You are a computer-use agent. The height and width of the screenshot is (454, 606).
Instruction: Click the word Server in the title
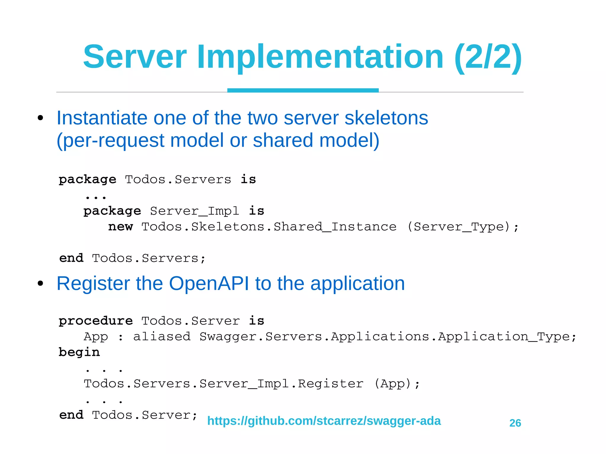[135, 56]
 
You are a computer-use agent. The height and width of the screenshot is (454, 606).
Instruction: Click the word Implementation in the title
[320, 56]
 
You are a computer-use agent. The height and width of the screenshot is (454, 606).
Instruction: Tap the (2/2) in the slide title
[488, 56]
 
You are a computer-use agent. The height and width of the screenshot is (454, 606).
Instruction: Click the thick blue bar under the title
[303, 90]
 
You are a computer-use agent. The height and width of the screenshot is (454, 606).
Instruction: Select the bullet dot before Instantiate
[41, 118]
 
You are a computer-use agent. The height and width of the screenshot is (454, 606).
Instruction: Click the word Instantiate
[102, 118]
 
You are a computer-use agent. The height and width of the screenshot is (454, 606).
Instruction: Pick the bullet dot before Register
[41, 284]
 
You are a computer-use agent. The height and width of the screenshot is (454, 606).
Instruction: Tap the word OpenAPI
[209, 283]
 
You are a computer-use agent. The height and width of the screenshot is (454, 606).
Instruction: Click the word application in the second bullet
[357, 283]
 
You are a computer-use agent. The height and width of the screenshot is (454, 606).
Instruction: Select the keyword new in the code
[120, 227]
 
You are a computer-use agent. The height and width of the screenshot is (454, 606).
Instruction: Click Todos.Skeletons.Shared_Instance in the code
[269, 227]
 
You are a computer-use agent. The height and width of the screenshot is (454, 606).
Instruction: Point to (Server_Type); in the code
[463, 227]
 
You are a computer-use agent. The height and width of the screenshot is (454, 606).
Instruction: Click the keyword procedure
[96, 321]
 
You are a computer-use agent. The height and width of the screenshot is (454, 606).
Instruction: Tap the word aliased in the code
[162, 337]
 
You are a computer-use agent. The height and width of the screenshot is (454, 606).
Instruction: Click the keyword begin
[79, 352]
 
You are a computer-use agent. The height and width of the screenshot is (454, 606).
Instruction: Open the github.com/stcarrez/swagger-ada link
[324, 421]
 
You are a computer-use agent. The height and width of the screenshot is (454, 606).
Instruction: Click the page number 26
[515, 423]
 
